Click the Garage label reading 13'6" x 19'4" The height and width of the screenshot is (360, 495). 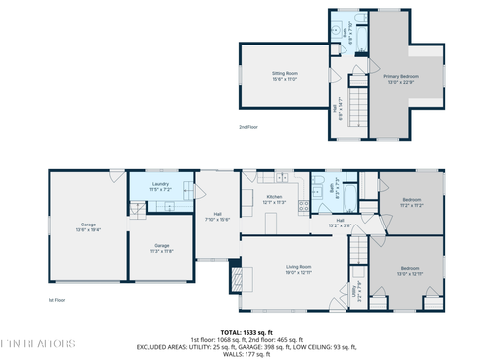[x=88, y=226]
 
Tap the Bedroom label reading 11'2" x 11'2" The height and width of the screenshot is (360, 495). [x=413, y=203]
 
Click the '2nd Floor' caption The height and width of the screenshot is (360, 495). [x=248, y=127]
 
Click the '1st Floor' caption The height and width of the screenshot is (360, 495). [x=57, y=299]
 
